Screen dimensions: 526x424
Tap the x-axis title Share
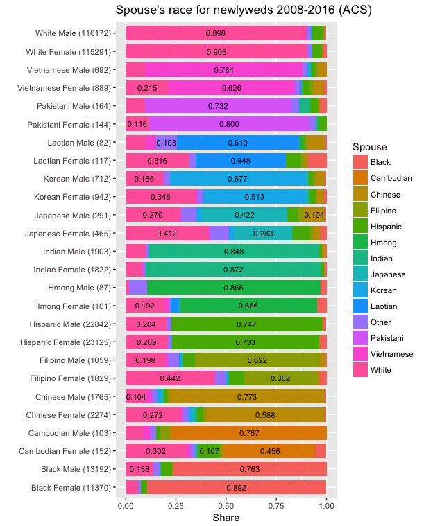226,518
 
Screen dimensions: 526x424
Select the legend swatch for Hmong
361,243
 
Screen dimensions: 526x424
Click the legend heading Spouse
369,147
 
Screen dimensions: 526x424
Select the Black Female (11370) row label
69,488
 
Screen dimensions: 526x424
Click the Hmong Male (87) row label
76,286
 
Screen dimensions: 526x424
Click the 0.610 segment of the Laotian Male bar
238,142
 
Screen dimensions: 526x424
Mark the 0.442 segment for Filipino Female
170,378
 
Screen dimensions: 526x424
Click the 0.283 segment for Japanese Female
263,233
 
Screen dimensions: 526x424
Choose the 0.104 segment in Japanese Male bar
314,215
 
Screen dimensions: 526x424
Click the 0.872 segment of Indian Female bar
233,269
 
